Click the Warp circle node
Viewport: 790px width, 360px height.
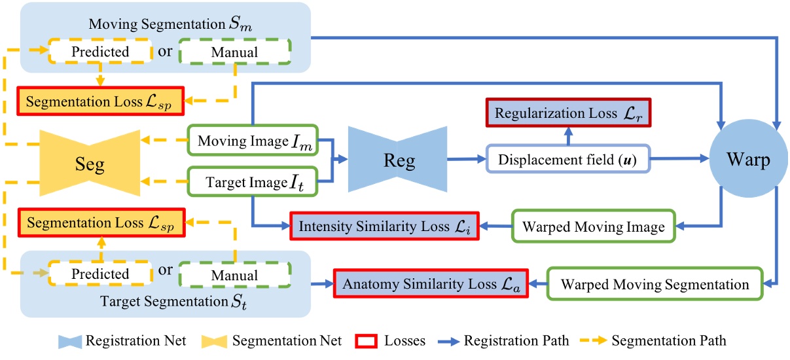pyautogui.click(x=747, y=159)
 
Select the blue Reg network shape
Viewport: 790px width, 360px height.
pyautogui.click(x=397, y=159)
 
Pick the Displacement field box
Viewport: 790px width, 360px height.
pyautogui.click(x=568, y=158)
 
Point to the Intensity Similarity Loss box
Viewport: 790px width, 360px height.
pyautogui.click(x=385, y=227)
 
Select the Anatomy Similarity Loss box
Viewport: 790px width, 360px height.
pyautogui.click(x=431, y=283)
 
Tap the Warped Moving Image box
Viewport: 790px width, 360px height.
pyautogui.click(x=593, y=227)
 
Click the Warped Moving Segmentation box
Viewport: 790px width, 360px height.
pyautogui.click(x=655, y=284)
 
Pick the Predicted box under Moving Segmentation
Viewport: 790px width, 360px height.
pyautogui.click(x=101, y=51)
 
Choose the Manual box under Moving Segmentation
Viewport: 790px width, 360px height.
pyautogui.click(x=234, y=51)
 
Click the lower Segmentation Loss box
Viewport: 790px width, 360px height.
pyautogui.click(x=100, y=223)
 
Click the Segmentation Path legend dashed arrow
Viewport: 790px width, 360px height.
pyautogui.click(x=612, y=340)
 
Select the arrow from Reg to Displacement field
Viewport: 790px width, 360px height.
pyautogui.click(x=466, y=159)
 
